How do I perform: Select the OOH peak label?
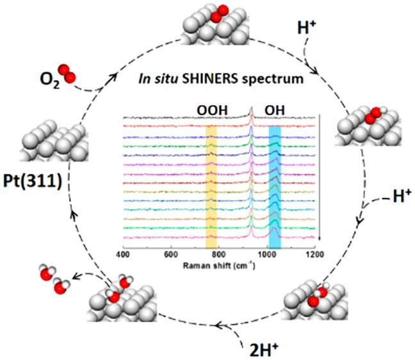click(x=211, y=109)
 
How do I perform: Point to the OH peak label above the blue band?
click(x=274, y=109)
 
